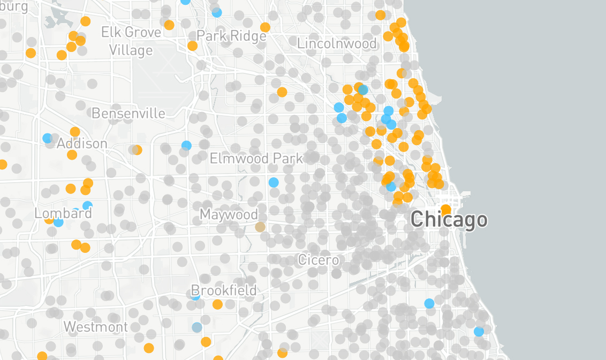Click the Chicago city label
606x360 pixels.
(x=449, y=220)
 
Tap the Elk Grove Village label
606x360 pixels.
(x=131, y=41)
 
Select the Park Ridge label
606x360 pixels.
(x=231, y=36)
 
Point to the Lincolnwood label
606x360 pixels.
(x=337, y=43)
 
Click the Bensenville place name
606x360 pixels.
(x=128, y=113)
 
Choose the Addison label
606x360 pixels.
(x=82, y=144)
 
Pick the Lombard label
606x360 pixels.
(x=63, y=213)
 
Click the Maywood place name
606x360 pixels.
(x=229, y=214)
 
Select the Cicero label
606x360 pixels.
(x=319, y=260)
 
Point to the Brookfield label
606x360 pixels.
(x=224, y=291)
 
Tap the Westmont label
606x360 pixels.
(x=96, y=326)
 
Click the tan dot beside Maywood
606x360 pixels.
(x=260, y=227)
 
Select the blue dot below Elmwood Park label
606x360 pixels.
(x=274, y=182)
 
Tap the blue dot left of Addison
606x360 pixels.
(x=48, y=138)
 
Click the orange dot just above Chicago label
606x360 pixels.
(x=445, y=209)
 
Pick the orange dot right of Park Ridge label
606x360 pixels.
(x=265, y=27)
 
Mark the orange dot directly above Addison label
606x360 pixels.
(x=75, y=132)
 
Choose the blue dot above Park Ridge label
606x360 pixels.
(x=217, y=12)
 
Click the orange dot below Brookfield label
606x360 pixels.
(x=217, y=304)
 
